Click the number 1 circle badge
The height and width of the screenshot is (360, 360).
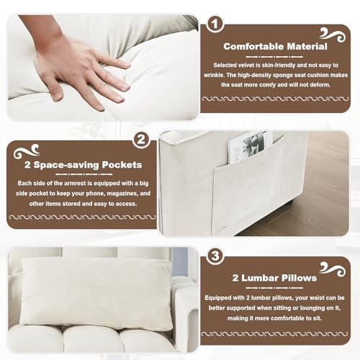[x=215, y=24]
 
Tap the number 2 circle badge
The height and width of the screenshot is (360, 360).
[x=141, y=140]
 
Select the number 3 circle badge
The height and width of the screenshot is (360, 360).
[x=215, y=256]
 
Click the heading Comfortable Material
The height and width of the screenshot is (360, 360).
[x=275, y=47]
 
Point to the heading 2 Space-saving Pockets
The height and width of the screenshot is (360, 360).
[x=83, y=165]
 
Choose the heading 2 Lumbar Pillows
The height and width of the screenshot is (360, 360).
[x=274, y=278]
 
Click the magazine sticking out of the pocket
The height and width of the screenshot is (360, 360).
[x=247, y=148]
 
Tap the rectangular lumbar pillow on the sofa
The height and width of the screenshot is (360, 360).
[x=96, y=294]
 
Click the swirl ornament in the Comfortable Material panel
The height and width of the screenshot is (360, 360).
[x=333, y=35]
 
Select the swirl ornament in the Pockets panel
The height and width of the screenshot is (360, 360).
[x=27, y=152]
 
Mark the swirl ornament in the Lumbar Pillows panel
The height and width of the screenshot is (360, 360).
[x=333, y=269]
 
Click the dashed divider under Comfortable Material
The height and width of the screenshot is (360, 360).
[x=274, y=57]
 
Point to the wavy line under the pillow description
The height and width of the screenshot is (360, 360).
[x=274, y=334]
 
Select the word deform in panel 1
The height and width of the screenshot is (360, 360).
[x=320, y=85]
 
